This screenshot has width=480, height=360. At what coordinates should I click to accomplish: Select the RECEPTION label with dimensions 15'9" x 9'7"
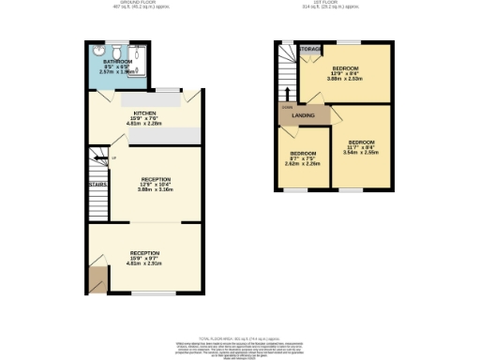[144, 253]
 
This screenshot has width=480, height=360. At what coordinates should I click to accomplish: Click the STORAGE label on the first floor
[312, 49]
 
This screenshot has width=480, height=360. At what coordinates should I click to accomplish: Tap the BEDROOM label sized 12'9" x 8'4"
[348, 67]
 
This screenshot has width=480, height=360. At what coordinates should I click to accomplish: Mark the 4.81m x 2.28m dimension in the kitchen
[145, 123]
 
